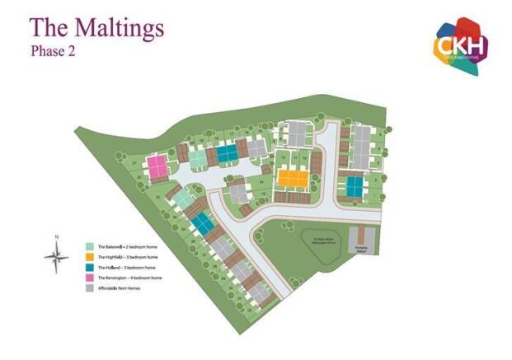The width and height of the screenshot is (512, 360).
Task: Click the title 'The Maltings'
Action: click(96, 28)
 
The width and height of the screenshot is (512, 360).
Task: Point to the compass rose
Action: click(56, 259)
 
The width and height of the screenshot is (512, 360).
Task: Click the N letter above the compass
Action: click(56, 238)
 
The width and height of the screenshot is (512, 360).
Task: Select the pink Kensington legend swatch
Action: click(90, 278)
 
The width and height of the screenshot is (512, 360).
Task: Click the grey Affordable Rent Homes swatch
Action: click(90, 289)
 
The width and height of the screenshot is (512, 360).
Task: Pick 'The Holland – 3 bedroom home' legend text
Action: click(128, 268)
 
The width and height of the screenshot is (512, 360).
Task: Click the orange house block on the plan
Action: click(290, 177)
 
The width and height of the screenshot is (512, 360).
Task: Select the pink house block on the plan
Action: click(157, 168)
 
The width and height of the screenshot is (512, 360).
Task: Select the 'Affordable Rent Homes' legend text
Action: click(121, 289)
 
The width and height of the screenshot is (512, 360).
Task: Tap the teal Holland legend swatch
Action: click(90, 268)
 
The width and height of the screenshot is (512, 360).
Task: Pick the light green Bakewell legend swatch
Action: click(90, 246)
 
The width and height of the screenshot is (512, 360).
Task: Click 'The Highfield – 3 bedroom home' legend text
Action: click(129, 257)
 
